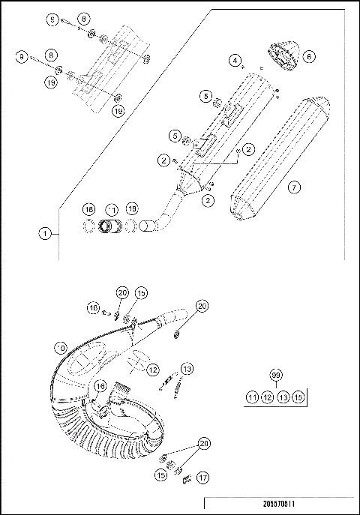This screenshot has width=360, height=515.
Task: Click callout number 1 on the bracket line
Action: [x=46, y=233]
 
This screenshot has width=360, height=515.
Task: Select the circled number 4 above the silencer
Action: [x=235, y=59]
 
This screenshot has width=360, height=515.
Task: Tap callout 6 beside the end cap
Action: [x=309, y=56]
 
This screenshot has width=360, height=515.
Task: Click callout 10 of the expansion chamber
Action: [x=61, y=347]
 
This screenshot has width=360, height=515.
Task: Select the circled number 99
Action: [x=275, y=374]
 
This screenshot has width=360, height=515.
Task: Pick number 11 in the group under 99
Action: [x=253, y=397]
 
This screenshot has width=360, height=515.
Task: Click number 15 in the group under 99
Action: [x=298, y=397]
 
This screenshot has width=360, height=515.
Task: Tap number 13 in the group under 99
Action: [x=283, y=397]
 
